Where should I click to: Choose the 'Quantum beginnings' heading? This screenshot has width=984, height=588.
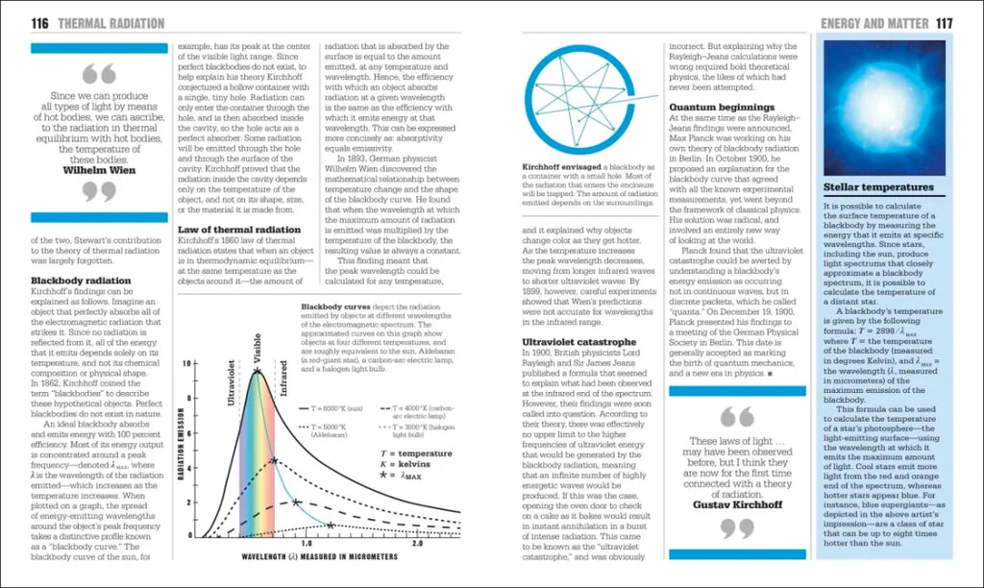[722, 107]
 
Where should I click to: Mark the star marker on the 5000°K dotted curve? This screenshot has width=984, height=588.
[275, 461]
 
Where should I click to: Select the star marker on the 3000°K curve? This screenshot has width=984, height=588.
[331, 526]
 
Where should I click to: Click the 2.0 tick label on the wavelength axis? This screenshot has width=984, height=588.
[417, 544]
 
